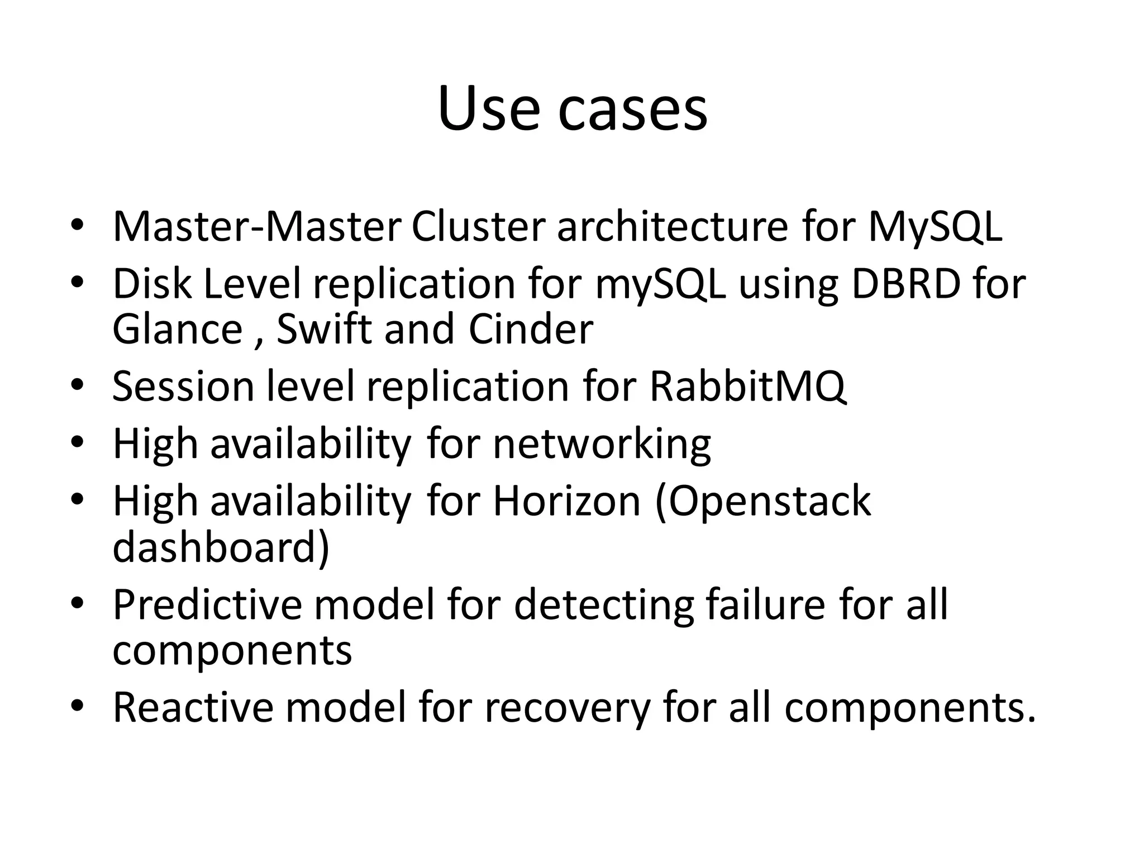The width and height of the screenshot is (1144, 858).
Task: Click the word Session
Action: (183, 386)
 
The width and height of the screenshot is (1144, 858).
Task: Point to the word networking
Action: (602, 444)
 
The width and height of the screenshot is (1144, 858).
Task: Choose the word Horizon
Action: (566, 501)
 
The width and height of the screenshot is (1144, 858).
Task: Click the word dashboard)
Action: (221, 547)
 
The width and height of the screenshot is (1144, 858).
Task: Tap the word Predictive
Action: (207, 604)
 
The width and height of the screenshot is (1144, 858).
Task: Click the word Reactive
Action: (193, 707)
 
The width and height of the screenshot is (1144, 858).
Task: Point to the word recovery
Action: (567, 707)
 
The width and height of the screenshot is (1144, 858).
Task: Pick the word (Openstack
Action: (762, 501)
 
